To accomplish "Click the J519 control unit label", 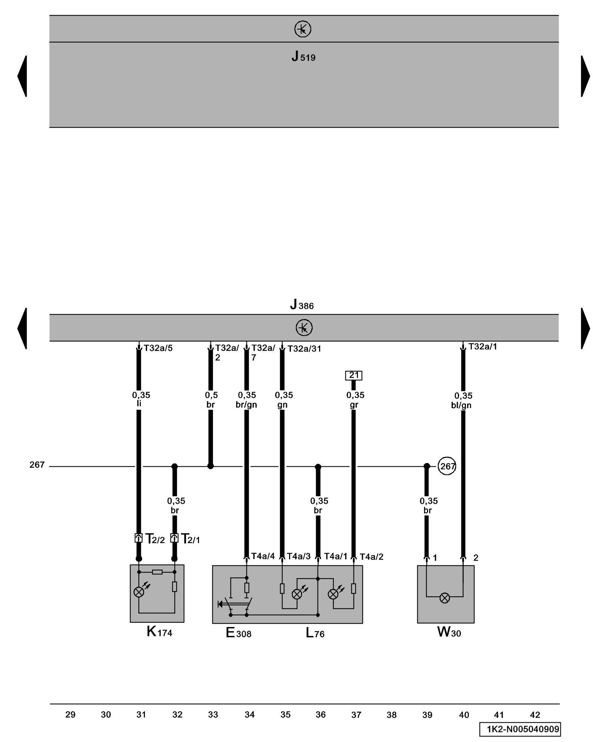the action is click(303, 56).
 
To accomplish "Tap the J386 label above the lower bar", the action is click(302, 305).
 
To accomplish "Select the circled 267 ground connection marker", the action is click(447, 466).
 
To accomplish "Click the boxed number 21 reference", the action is click(354, 375).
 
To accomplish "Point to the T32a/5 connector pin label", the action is click(158, 348).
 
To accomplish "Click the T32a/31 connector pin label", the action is click(304, 349).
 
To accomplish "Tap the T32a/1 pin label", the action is click(483, 347).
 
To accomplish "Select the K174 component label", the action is click(159, 631).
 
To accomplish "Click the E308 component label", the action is click(238, 633).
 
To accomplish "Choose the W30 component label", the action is click(449, 632).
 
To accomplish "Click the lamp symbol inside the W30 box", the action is click(444, 598).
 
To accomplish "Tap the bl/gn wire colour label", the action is click(461, 406).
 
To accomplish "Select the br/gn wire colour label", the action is click(246, 405).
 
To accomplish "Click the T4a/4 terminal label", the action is click(263, 556).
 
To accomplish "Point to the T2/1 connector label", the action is click(190, 539).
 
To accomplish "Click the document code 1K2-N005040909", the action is click(523, 729).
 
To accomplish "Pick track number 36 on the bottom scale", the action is click(321, 715).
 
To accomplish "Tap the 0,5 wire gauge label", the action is click(211, 395).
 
